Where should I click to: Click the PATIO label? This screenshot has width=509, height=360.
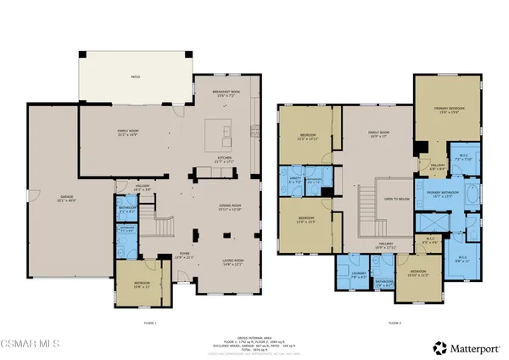click(134, 76)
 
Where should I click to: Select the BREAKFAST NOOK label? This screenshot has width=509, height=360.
click(223, 95)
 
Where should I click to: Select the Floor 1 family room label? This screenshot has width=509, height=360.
click(129, 132)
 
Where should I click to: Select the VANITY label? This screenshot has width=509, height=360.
click(295, 181)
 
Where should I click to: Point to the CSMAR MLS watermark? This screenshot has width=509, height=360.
click(31, 346)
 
